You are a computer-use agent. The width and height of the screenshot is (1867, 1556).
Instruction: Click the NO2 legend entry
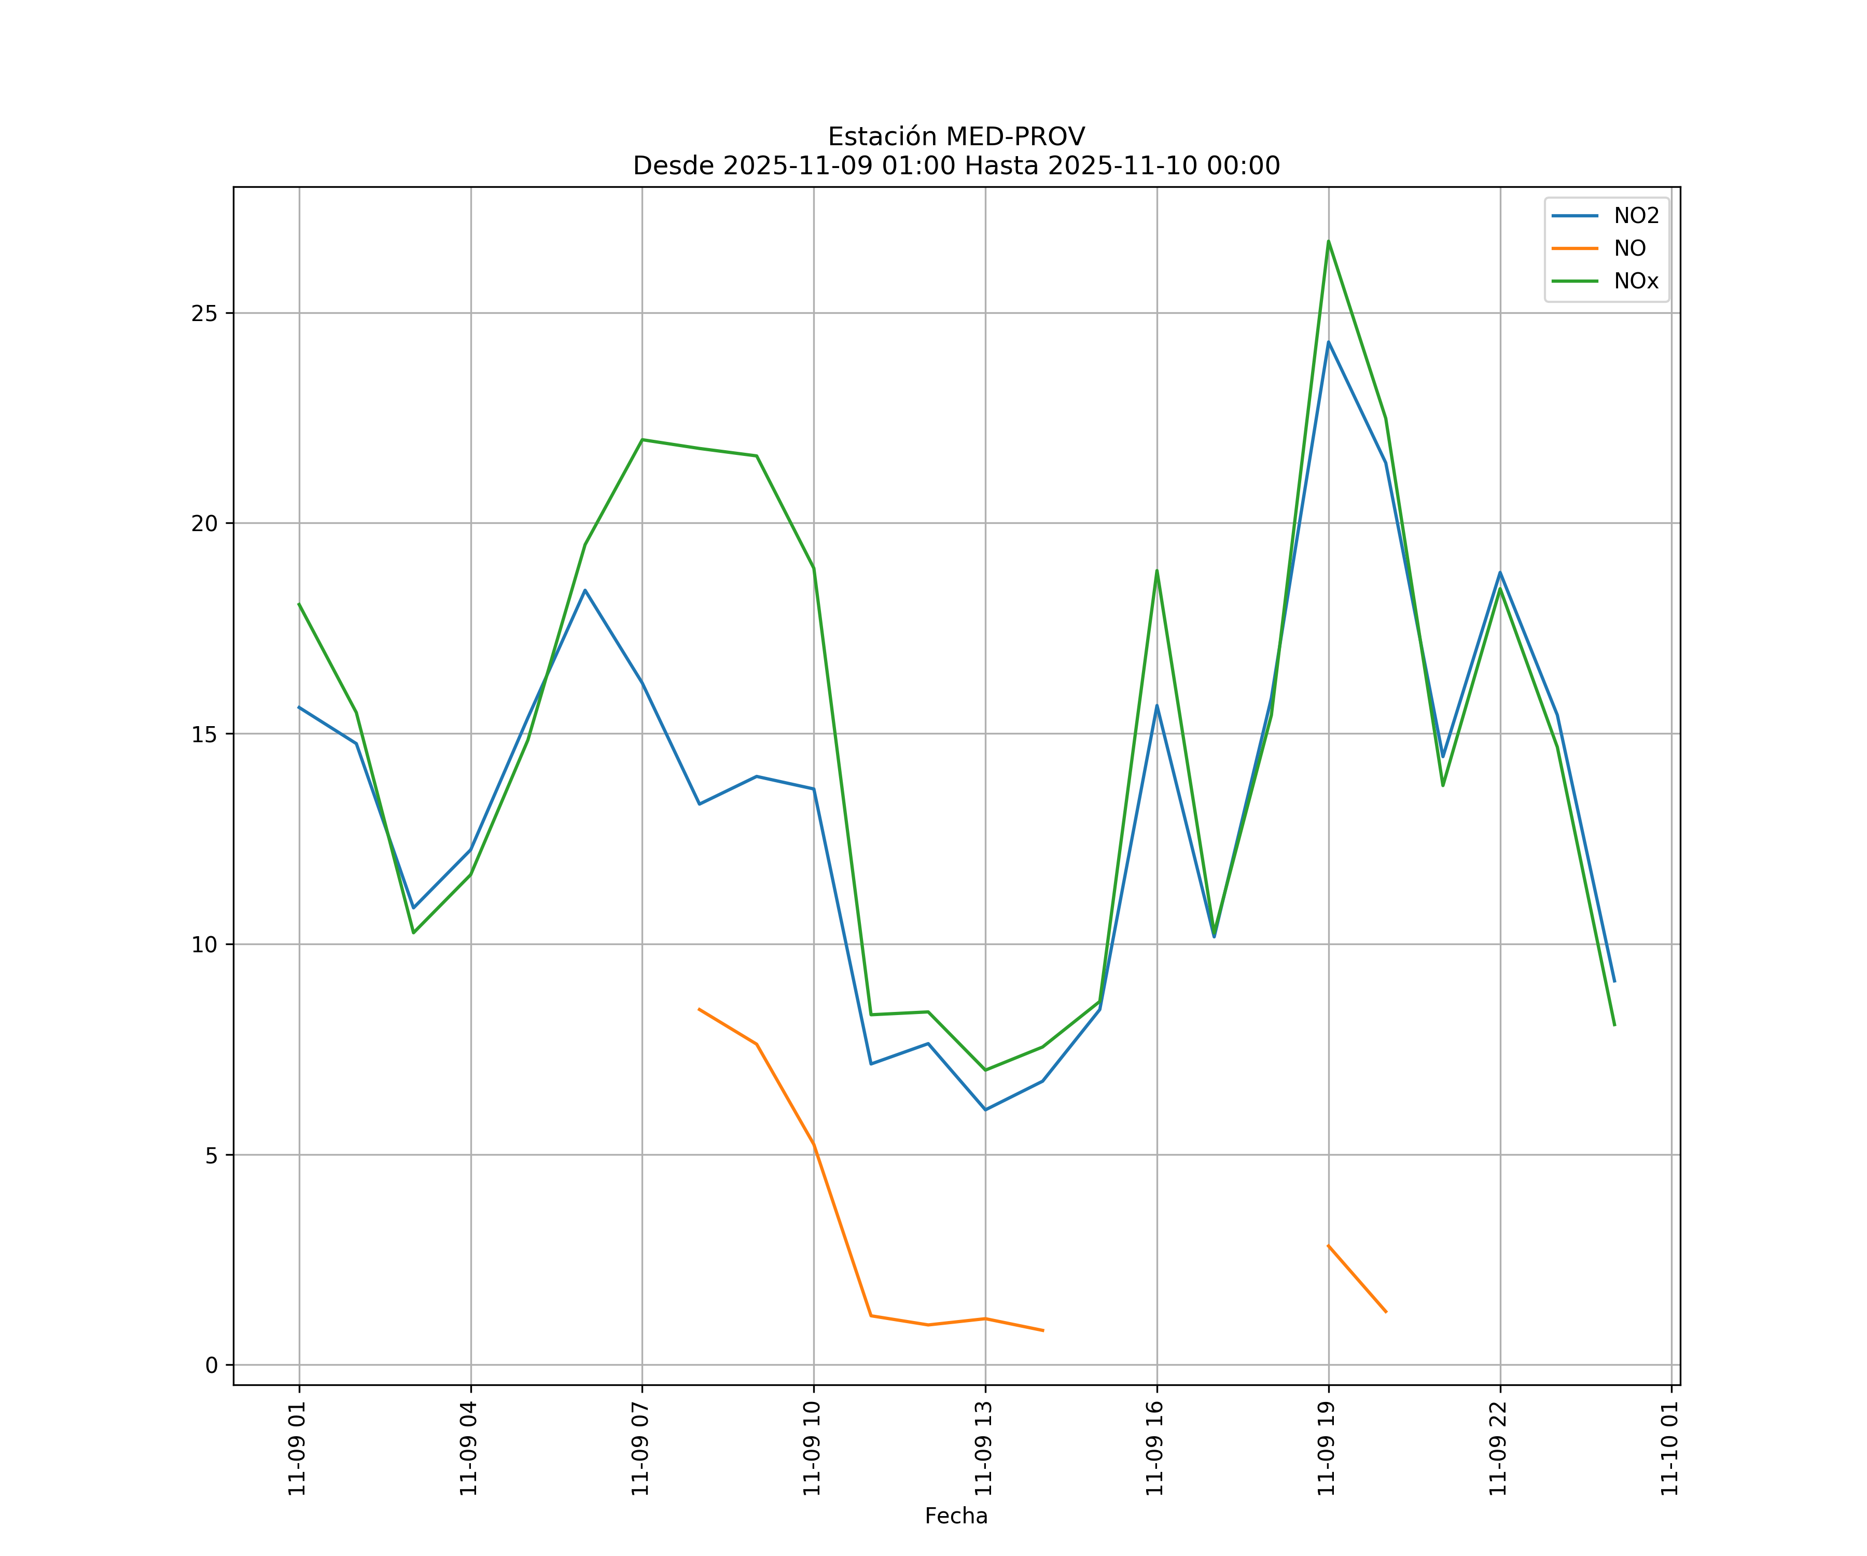pyautogui.click(x=1636, y=216)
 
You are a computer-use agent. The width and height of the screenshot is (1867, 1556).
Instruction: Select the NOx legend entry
pyautogui.click(x=1636, y=282)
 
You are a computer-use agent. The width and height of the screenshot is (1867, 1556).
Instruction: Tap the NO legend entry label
pyautogui.click(x=1629, y=249)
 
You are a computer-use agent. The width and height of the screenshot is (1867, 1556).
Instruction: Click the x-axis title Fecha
pyautogui.click(x=956, y=1516)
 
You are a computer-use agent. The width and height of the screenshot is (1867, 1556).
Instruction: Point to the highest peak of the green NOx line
pyautogui.click(x=1328, y=241)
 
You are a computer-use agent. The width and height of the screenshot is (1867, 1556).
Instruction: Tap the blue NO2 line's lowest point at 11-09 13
pyautogui.click(x=985, y=1109)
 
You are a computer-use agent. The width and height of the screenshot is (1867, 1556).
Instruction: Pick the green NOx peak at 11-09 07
pyautogui.click(x=642, y=439)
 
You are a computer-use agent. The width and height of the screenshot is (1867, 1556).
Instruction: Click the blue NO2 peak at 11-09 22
pyautogui.click(x=1500, y=573)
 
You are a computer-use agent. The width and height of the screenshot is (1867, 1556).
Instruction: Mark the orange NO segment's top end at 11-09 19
pyautogui.click(x=1328, y=1246)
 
